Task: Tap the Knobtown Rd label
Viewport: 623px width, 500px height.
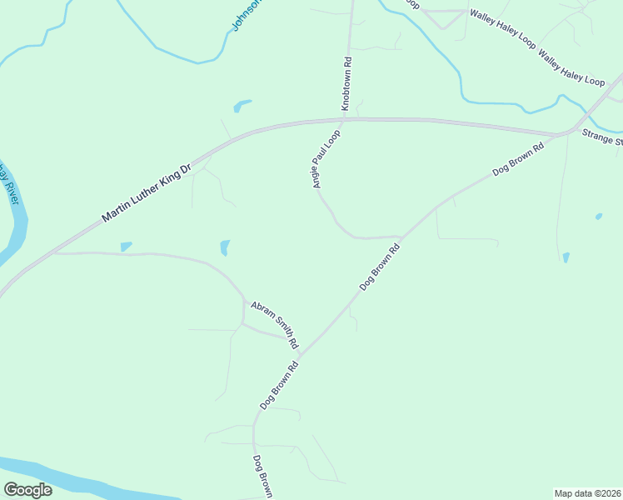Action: (346, 84)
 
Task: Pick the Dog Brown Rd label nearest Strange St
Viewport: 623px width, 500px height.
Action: (518, 158)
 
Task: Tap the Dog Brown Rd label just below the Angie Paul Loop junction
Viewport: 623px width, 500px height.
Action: (381, 267)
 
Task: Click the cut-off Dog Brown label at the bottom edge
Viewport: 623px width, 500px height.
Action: (262, 476)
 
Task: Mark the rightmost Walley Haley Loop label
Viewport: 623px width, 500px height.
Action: (571, 69)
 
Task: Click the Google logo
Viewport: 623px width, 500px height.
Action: (27, 489)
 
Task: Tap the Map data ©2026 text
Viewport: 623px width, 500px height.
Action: (587, 492)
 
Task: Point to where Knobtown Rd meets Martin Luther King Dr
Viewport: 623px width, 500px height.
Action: (347, 119)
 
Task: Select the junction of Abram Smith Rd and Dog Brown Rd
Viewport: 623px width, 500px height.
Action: (299, 354)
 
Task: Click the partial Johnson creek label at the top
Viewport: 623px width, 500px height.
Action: (247, 15)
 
